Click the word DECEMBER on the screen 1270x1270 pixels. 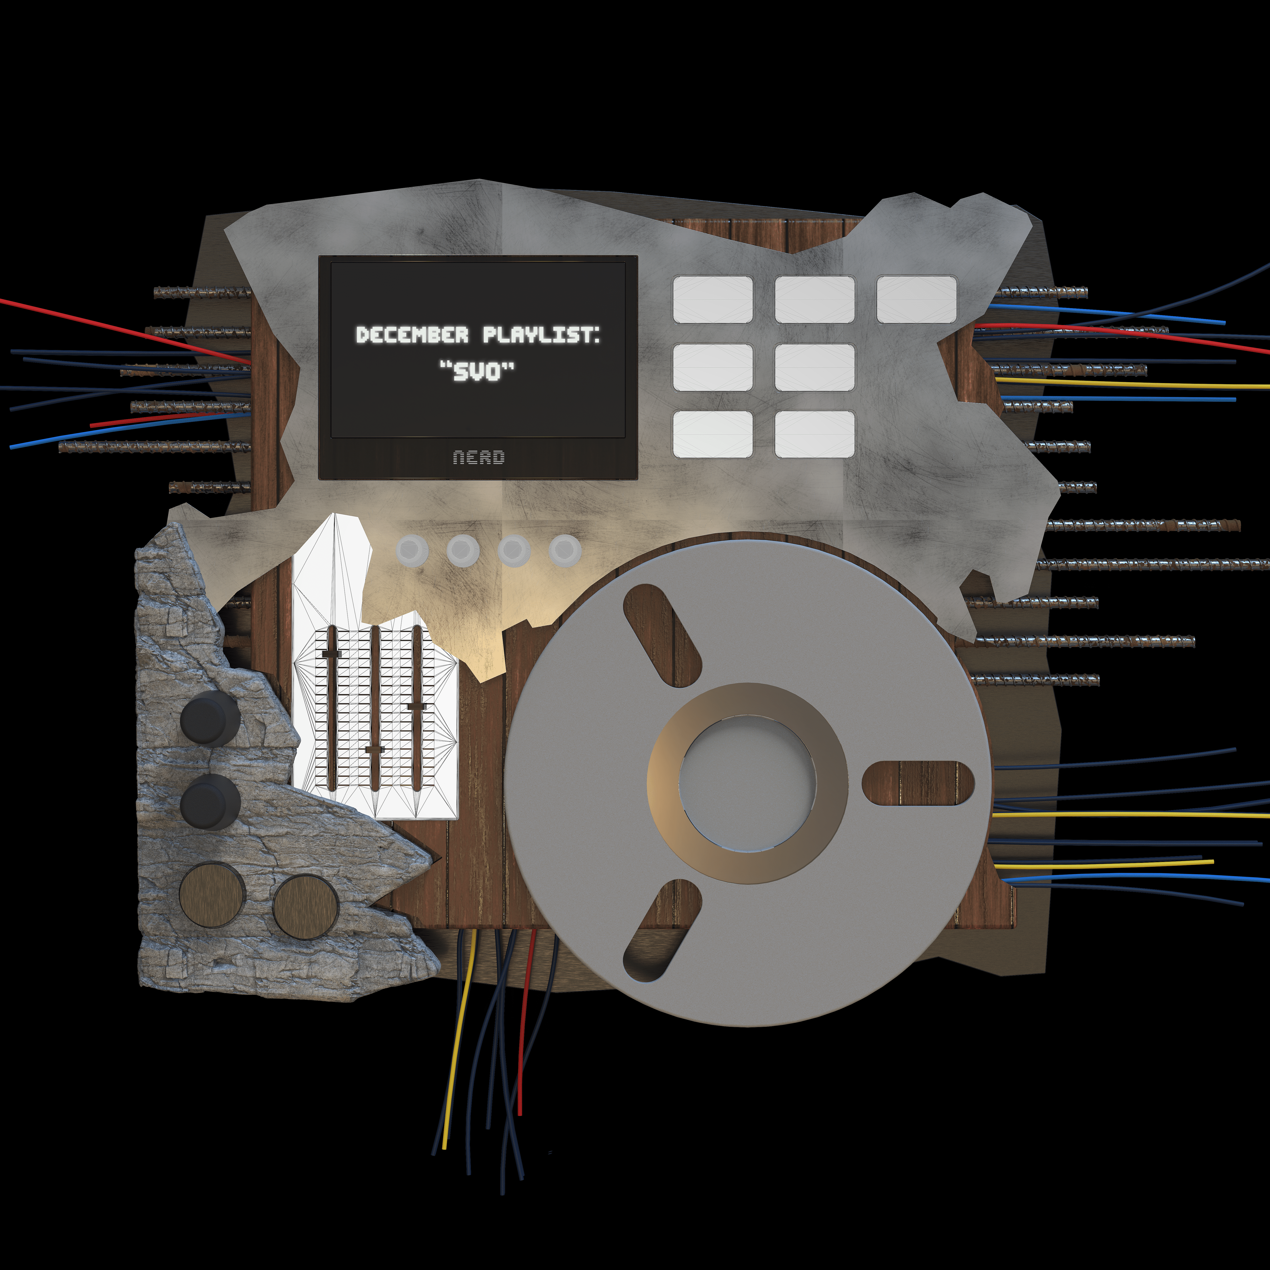point(412,335)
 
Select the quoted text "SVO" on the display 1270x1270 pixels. point(477,372)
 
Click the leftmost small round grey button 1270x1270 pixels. point(412,550)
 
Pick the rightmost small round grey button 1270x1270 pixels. point(565,550)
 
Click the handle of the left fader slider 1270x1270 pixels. point(331,654)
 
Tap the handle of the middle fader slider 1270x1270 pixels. point(374,749)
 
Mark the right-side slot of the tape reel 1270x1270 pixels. point(918,782)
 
